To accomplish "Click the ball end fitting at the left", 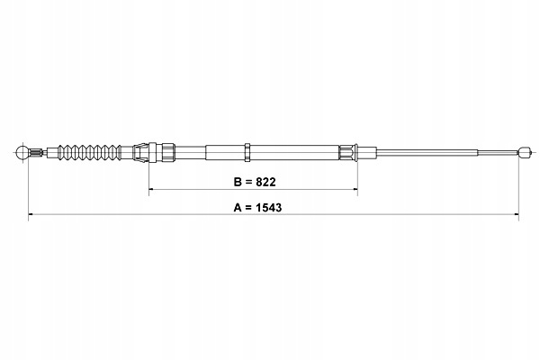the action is click(22, 152).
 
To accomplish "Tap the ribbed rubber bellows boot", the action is click(89, 152).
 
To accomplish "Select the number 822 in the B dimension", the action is click(265, 182).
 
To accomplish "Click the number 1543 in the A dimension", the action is click(268, 208).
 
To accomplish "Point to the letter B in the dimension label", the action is click(238, 182).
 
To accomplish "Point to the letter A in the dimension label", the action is click(238, 208).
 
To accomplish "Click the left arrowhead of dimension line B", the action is click(151, 189).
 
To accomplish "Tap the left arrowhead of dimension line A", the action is click(31, 214).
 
